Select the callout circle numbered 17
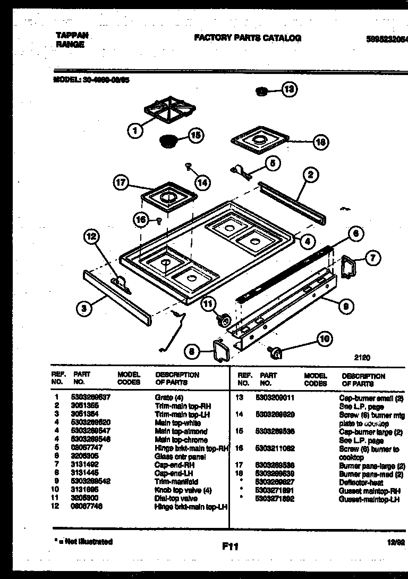tap(122, 183)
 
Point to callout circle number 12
tap(92, 238)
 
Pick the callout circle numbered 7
tap(373, 259)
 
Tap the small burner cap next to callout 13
tap(261, 92)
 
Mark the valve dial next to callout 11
tap(223, 320)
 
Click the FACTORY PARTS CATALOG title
tap(248, 38)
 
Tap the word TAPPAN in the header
tap(72, 35)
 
